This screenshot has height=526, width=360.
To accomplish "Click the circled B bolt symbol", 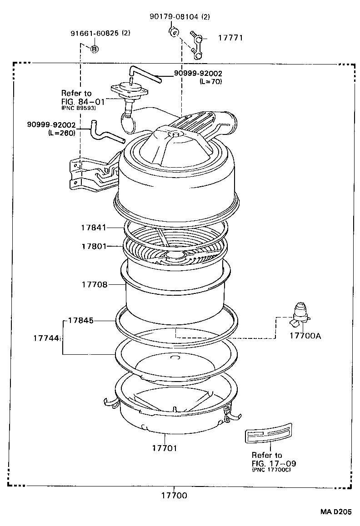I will [95, 49].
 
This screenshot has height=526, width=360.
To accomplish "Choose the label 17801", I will [94, 246].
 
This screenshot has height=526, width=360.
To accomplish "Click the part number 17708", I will [95, 284].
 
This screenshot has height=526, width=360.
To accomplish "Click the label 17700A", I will [305, 336].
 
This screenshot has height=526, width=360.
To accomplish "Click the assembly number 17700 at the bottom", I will [175, 495].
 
